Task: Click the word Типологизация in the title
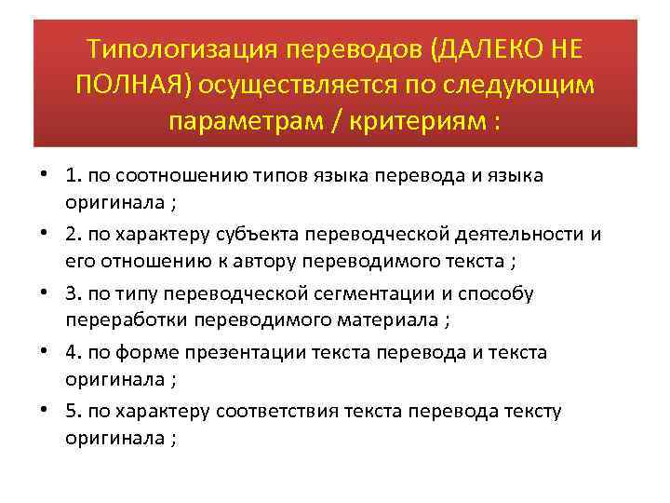(x=169, y=48)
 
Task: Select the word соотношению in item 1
(x=199, y=175)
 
